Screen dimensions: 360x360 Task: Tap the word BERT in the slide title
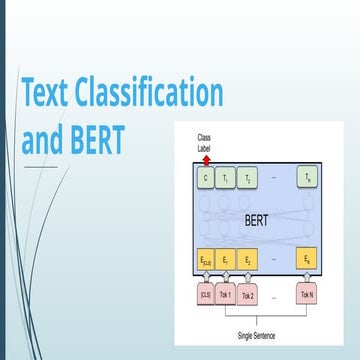(x=96, y=139)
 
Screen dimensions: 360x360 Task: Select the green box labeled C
(x=206, y=178)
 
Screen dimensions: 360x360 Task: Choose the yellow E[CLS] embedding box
(x=206, y=260)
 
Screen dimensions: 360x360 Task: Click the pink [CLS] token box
(x=206, y=294)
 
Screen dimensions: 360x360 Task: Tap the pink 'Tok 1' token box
(x=227, y=294)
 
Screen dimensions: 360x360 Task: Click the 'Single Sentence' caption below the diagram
(x=257, y=336)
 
